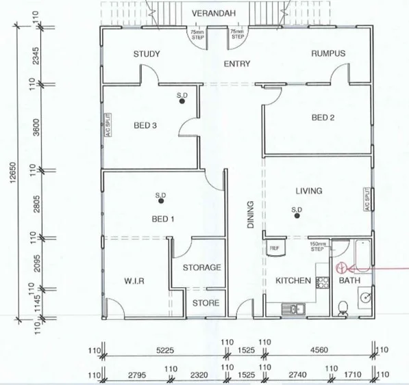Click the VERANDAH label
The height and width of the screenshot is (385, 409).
(214, 14)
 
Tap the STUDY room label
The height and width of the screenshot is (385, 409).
(147, 54)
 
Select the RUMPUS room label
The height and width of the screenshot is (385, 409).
(328, 54)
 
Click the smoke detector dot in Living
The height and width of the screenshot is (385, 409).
(297, 217)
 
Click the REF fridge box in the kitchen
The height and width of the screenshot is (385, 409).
(274, 248)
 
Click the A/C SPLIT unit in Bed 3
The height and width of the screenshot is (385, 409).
(108, 126)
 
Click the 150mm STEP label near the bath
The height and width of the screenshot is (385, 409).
(317, 246)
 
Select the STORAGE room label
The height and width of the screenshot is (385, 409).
(201, 267)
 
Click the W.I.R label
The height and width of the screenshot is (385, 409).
(134, 281)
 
